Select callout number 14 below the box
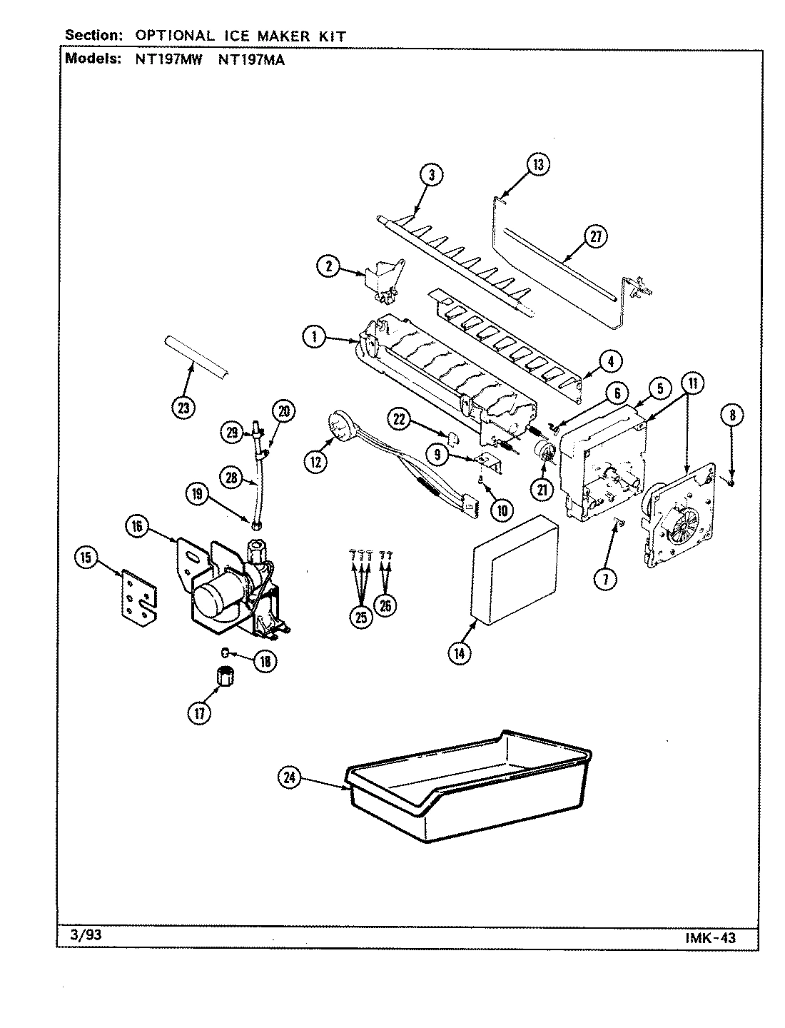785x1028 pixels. point(459,652)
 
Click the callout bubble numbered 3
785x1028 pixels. point(431,175)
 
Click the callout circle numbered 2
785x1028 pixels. point(328,266)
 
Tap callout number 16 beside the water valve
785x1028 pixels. point(137,526)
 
